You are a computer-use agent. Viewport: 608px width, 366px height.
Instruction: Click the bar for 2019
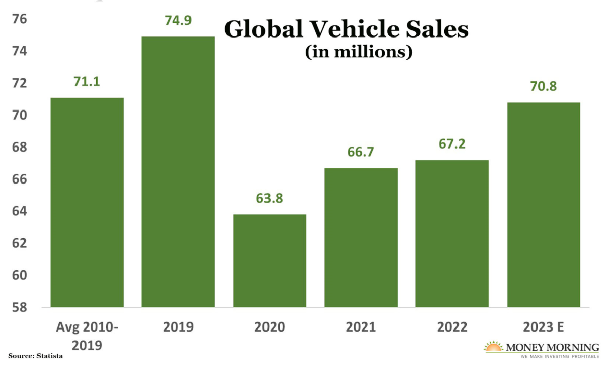178,172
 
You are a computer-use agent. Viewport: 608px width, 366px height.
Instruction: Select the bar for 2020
270,261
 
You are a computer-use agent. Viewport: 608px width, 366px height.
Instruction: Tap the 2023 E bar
544,205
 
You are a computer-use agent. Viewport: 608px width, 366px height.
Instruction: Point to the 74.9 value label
178,21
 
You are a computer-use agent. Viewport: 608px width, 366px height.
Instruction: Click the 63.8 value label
270,198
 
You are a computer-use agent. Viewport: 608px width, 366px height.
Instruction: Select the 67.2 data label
452,144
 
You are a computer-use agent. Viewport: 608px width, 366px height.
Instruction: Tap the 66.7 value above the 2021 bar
361,152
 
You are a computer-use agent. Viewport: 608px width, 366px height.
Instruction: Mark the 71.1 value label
87,82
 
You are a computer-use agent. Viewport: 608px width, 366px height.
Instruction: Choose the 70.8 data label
544,87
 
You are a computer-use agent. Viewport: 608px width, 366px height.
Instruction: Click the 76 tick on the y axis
19,19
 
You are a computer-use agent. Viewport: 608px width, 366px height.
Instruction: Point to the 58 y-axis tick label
19,307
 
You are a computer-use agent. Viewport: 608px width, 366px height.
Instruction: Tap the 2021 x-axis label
361,327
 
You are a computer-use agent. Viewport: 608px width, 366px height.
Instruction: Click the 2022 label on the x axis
452,327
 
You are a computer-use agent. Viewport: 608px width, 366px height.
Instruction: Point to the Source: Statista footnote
35,356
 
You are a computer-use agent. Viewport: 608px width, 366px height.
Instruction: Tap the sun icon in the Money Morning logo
493,347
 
